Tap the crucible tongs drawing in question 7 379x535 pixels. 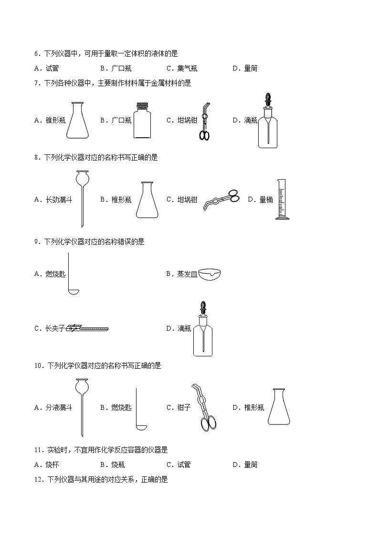tap(205, 122)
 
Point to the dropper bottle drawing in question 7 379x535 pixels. tap(268, 123)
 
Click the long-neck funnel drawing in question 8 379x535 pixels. tap(82, 198)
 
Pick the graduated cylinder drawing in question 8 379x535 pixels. tap(282, 200)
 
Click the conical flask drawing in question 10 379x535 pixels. tap(279, 407)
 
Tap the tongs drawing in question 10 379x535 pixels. tap(204, 407)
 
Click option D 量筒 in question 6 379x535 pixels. tap(251, 68)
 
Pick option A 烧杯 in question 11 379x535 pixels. tap(52, 464)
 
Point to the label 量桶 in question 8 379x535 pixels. tap(266, 200)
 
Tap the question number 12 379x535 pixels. tap(38, 480)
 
